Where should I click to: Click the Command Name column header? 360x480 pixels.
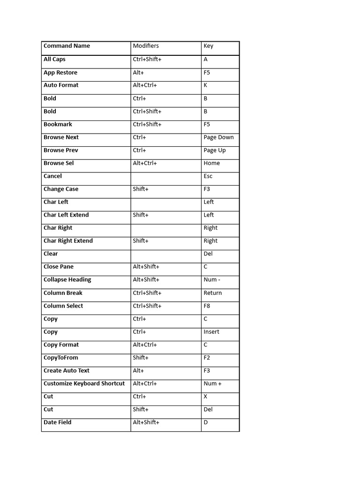(x=67, y=46)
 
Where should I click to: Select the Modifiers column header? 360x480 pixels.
(x=146, y=46)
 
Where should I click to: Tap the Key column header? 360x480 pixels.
(x=209, y=46)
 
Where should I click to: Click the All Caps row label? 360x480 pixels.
(x=54, y=59)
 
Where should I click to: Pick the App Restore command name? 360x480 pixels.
(x=60, y=73)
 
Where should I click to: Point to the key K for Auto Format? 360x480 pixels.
(x=205, y=85)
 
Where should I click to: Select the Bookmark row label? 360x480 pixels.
(x=58, y=124)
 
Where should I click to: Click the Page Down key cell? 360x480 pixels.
(x=218, y=137)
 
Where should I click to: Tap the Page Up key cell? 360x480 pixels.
(x=215, y=150)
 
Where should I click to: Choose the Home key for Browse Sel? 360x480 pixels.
(x=212, y=163)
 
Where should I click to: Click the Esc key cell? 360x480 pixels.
(x=208, y=176)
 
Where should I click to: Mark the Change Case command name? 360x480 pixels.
(x=61, y=189)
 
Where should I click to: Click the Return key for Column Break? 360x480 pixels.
(x=213, y=293)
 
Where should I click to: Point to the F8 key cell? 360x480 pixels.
(x=207, y=306)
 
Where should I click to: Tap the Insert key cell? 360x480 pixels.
(x=211, y=332)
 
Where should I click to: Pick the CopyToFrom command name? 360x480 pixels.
(x=61, y=358)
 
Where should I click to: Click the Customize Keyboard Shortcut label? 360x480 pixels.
(x=84, y=383)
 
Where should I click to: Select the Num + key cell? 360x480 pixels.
(x=213, y=383)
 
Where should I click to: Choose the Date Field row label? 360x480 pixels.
(x=58, y=422)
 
